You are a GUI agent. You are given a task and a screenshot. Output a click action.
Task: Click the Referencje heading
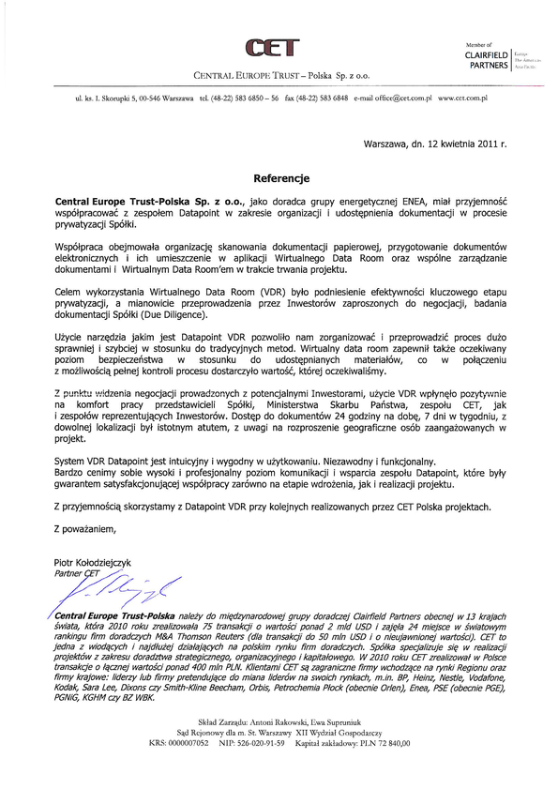click(280, 177)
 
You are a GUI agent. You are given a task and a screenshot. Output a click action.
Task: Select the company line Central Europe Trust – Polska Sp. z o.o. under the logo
click(280, 74)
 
